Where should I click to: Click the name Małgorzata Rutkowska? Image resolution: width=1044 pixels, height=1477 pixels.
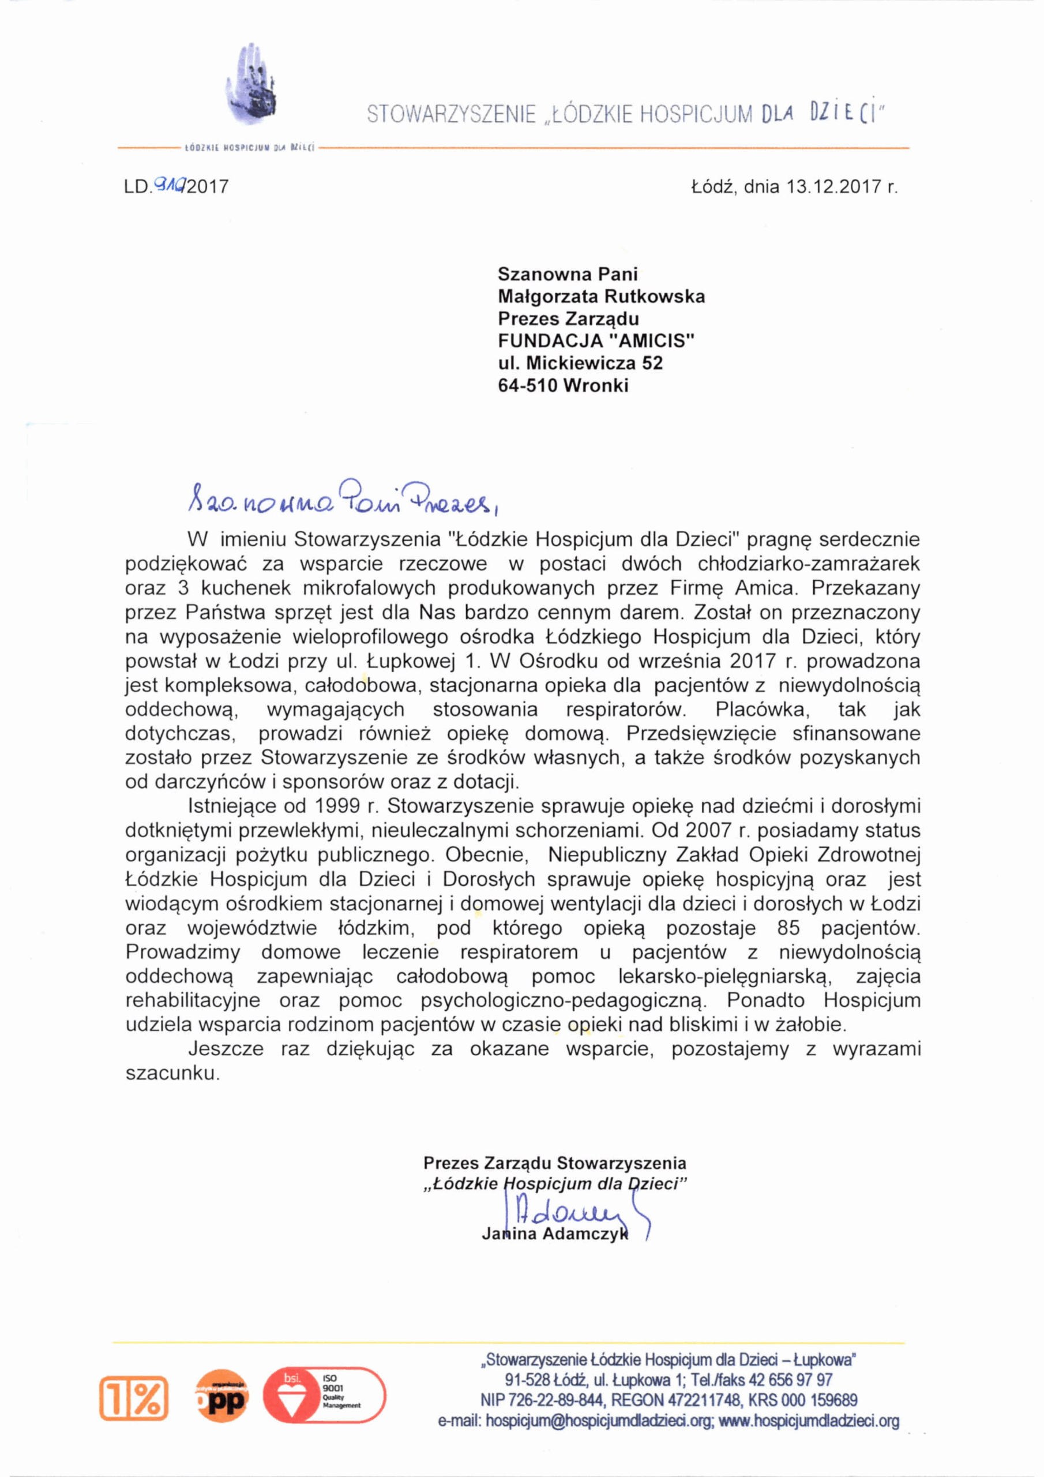point(602,297)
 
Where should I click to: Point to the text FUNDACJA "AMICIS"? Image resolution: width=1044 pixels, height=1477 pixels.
point(596,341)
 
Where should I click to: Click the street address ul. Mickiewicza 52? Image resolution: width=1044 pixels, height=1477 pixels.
point(580,363)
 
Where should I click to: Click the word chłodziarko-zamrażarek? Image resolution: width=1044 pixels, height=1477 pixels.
point(809,564)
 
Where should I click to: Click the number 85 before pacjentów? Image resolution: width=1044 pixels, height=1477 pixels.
point(788,928)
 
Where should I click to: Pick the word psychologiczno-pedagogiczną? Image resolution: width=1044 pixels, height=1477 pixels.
point(564,1001)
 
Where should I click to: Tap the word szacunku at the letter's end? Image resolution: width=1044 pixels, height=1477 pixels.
point(172,1074)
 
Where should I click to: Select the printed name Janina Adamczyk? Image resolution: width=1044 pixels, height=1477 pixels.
point(554,1235)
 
